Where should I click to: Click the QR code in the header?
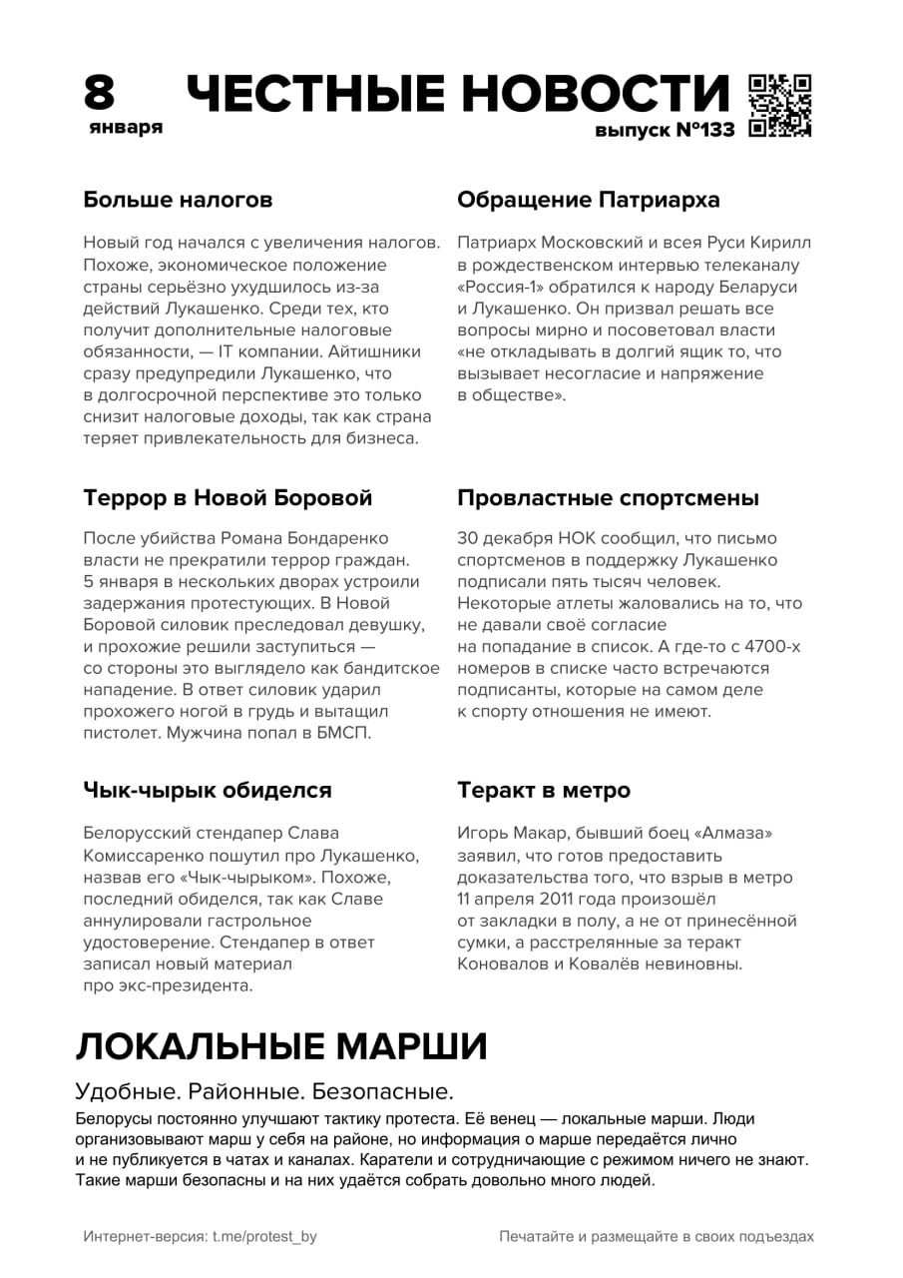tap(779, 105)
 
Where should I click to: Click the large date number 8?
tap(100, 94)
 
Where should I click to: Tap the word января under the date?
tap(125, 128)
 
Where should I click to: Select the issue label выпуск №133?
tap(665, 131)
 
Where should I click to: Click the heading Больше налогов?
tap(178, 200)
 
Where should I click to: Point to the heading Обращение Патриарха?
tap(589, 200)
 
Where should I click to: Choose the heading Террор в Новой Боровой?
tap(227, 497)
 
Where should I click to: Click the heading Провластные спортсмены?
tap(609, 497)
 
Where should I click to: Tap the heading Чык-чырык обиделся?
tap(207, 790)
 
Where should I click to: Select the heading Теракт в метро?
tap(544, 790)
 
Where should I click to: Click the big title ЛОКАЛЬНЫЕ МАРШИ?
tap(281, 1046)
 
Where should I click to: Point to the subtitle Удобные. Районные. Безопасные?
tap(264, 1090)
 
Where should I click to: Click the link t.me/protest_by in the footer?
tap(264, 1236)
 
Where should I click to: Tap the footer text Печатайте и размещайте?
tap(657, 1236)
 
